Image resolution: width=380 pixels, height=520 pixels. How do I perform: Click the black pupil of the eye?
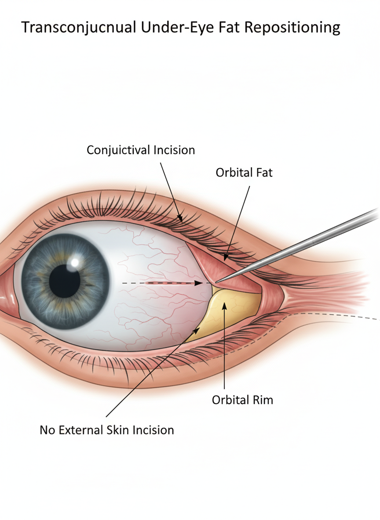pyautogui.click(x=65, y=282)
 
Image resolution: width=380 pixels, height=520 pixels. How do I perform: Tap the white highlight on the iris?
pyautogui.click(x=75, y=263)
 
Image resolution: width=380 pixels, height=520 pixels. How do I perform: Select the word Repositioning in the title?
pyautogui.click(x=292, y=28)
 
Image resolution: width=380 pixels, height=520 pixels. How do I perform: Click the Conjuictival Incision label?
pyautogui.click(x=141, y=150)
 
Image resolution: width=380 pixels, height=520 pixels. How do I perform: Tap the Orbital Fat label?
pyautogui.click(x=244, y=173)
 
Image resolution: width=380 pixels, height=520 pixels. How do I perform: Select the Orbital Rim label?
pyautogui.click(x=242, y=400)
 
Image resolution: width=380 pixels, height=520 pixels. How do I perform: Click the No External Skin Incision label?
pyautogui.click(x=107, y=430)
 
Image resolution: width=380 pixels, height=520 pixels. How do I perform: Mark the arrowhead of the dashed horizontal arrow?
pyautogui.click(x=200, y=283)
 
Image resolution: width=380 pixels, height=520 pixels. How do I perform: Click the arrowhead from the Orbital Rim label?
pyautogui.click(x=224, y=306)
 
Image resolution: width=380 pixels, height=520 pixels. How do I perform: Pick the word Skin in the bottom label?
pyautogui.click(x=118, y=430)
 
